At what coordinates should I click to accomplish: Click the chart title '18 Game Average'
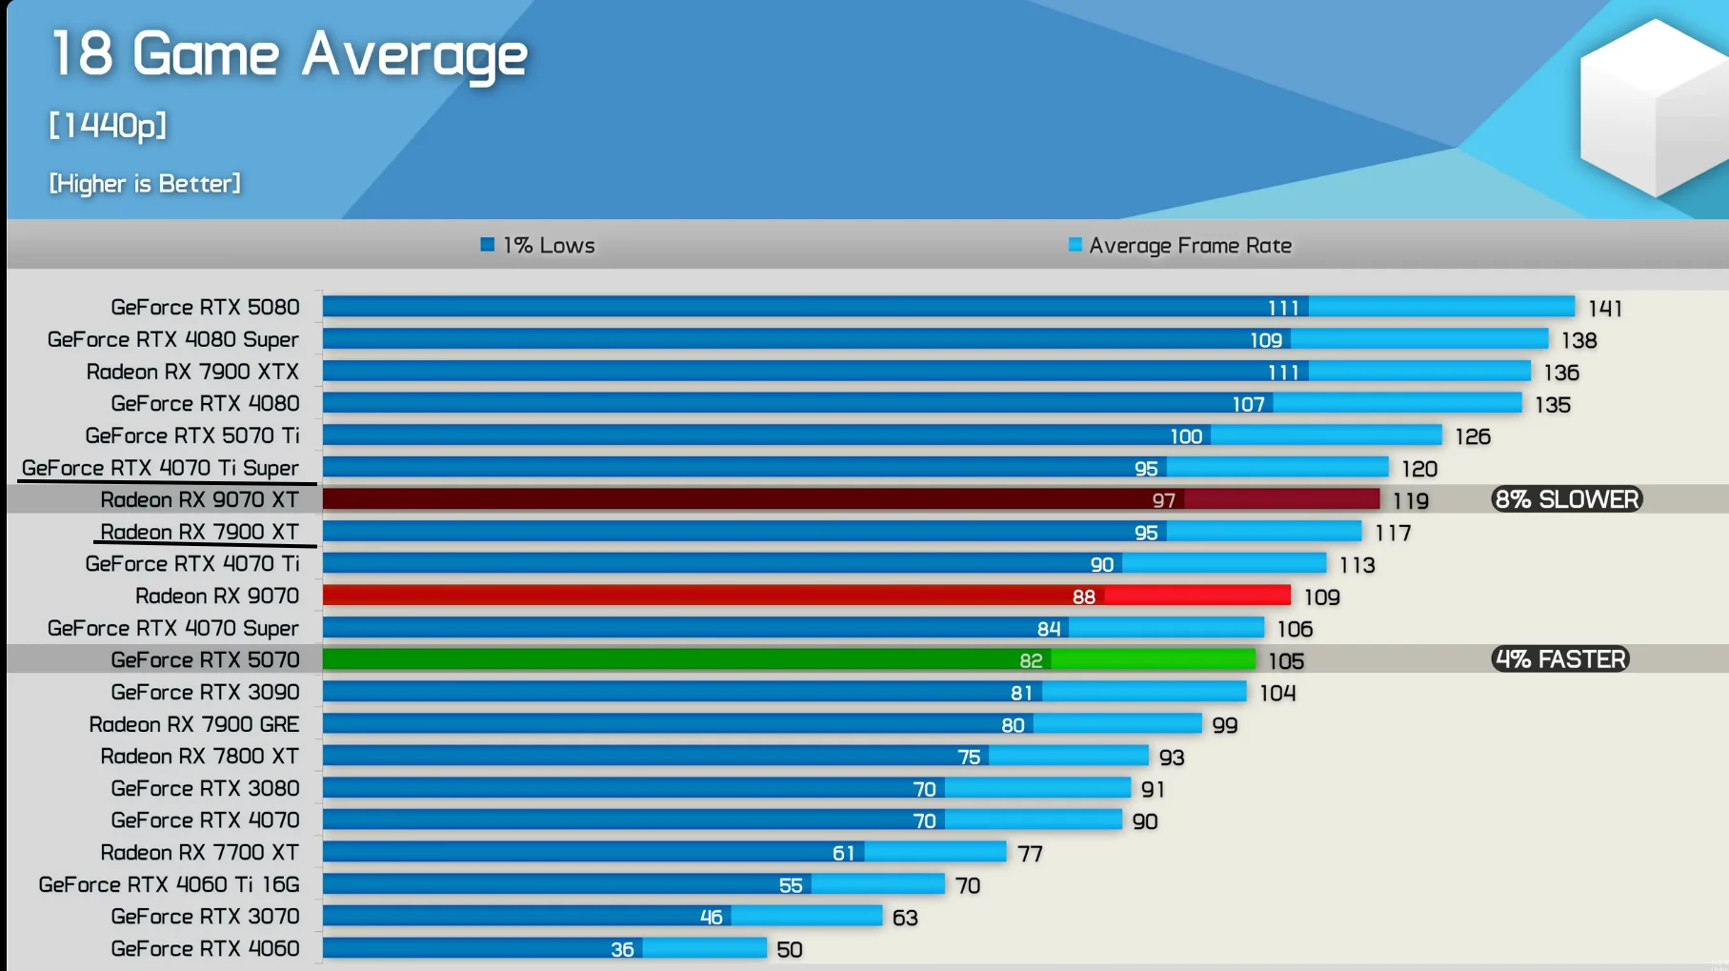pyautogui.click(x=288, y=54)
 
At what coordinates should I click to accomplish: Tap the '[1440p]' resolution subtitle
pyautogui.click(x=108, y=125)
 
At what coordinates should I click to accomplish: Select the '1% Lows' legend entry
pyautogui.click(x=538, y=246)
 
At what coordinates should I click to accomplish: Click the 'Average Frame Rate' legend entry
pyautogui.click(x=1180, y=246)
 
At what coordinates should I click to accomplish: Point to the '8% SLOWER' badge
pyautogui.click(x=1566, y=499)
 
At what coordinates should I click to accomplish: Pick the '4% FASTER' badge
pyautogui.click(x=1559, y=659)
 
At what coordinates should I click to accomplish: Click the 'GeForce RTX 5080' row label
pyautogui.click(x=205, y=307)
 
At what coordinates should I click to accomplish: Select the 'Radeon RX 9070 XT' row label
pyautogui.click(x=199, y=499)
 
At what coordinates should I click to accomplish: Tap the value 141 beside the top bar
pyautogui.click(x=1605, y=308)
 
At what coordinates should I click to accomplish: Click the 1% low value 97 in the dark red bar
pyautogui.click(x=1163, y=500)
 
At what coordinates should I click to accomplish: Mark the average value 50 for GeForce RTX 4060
pyautogui.click(x=789, y=949)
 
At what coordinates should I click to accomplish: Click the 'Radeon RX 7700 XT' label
pyautogui.click(x=199, y=852)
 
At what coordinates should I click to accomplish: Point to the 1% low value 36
pyautogui.click(x=622, y=949)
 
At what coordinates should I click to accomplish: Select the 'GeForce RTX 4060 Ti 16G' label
pyautogui.click(x=169, y=884)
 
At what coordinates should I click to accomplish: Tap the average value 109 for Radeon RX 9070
pyautogui.click(x=1321, y=597)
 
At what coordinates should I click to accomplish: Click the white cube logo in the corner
pyautogui.click(x=1653, y=105)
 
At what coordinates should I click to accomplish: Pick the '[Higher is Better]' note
pyautogui.click(x=145, y=183)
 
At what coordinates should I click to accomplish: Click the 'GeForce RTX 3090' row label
pyautogui.click(x=205, y=692)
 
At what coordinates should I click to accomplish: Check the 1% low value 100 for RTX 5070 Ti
pyautogui.click(x=1186, y=436)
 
